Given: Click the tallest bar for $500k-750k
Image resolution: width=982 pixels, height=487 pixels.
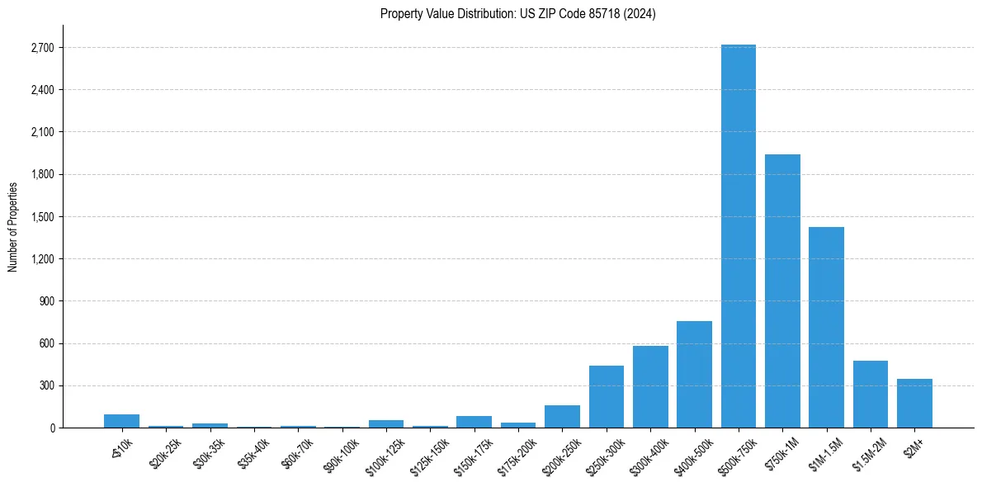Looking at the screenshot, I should [738, 236].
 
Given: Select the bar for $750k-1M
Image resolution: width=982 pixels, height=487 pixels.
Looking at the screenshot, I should [782, 291].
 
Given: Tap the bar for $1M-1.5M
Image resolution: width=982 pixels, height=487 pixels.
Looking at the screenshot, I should [826, 327].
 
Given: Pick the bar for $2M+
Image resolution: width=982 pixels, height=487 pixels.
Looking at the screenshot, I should [914, 403].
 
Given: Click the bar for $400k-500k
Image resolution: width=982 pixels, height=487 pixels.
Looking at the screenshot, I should [694, 374].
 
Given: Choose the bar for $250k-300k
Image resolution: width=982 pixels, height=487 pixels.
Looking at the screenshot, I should [606, 396].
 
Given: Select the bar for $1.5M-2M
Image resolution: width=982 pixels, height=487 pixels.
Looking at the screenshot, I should [871, 394].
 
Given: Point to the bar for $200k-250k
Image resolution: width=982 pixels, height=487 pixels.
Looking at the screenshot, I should [562, 416].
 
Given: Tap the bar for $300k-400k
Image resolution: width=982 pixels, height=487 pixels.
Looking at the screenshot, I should [650, 386].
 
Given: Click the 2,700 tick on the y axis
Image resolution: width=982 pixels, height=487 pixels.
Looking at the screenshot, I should [41, 48].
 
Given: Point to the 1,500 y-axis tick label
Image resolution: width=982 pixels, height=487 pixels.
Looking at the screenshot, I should [41, 217].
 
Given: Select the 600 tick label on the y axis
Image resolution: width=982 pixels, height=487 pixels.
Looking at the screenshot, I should [45, 343].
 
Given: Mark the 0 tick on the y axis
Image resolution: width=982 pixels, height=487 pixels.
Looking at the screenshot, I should [50, 428].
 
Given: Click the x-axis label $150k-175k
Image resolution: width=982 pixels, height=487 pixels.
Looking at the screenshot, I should [472, 456].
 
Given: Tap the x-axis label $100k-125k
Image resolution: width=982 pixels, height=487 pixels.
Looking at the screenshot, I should [384, 456].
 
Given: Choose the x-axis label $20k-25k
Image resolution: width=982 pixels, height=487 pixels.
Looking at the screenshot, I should [164, 453].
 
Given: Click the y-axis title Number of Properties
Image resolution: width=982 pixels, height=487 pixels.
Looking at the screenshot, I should [12, 226].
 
